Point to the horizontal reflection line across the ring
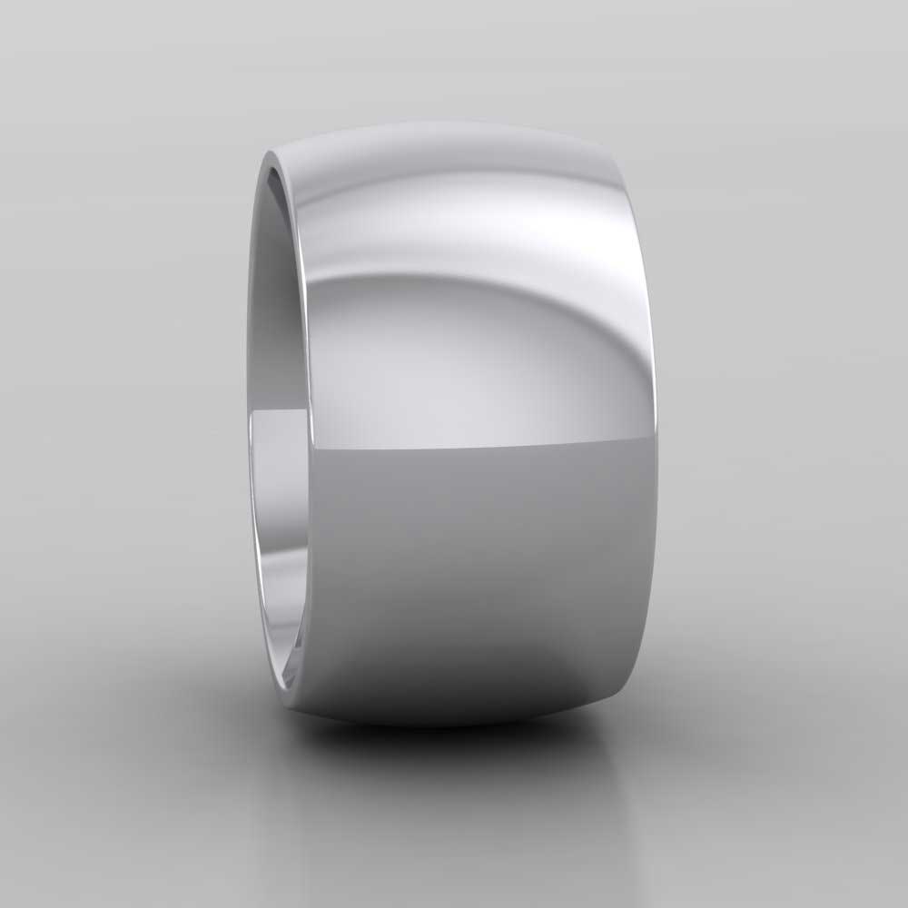coord(481,446)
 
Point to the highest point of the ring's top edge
coord(454,122)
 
